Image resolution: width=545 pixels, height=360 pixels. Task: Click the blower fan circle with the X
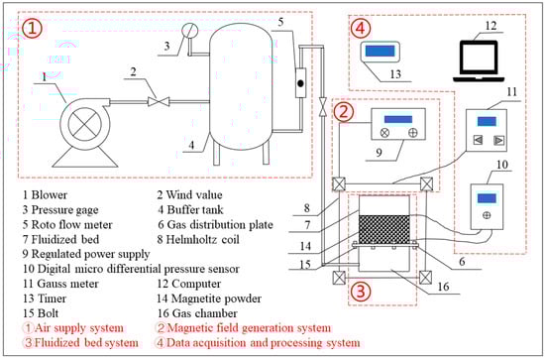(x=85, y=124)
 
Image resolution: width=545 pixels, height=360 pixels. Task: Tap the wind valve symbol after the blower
(x=159, y=101)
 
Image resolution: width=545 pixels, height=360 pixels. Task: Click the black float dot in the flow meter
(x=300, y=83)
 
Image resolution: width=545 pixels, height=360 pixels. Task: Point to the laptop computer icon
(x=479, y=61)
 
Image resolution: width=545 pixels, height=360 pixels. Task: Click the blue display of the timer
(x=380, y=51)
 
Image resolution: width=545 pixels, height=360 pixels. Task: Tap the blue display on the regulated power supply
(x=398, y=119)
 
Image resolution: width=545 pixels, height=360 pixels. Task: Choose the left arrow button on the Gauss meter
(x=479, y=140)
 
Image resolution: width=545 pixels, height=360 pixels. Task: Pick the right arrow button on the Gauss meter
(x=499, y=140)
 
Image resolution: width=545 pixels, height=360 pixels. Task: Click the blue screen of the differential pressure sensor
(x=487, y=198)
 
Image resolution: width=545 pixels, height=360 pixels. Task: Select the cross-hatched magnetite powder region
(x=384, y=229)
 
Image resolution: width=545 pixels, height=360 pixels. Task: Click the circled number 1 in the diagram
(x=32, y=28)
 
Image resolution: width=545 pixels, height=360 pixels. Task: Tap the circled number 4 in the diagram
(x=361, y=28)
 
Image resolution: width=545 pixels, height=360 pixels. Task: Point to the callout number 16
(x=444, y=287)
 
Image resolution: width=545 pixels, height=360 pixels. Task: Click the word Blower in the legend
(x=49, y=194)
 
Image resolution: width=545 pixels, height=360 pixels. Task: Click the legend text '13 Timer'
(x=45, y=299)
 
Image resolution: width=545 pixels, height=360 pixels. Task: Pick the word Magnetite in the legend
(x=194, y=299)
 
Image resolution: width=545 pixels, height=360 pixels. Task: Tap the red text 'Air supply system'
(x=79, y=328)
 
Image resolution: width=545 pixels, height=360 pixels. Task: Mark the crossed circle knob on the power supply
(x=384, y=133)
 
